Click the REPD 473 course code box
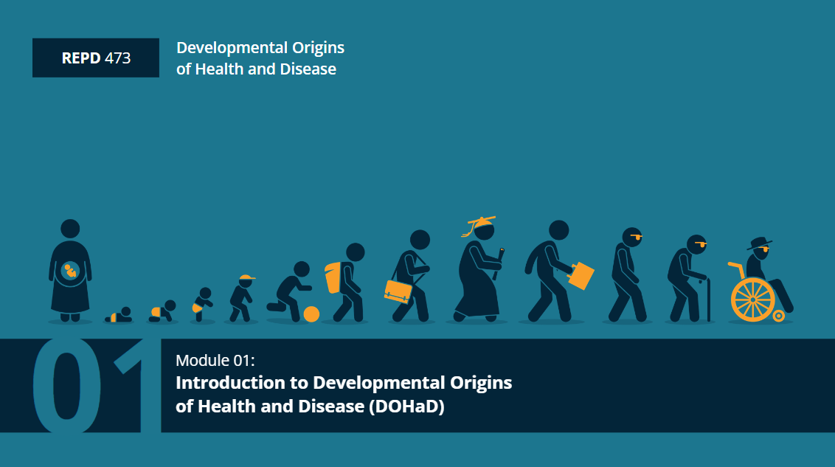pos(96,58)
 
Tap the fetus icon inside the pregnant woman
pos(70,271)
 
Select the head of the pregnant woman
pos(70,229)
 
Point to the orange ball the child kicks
pos(311,314)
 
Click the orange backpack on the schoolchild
pos(333,277)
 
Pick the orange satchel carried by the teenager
pos(398,291)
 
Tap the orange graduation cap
pos(479,224)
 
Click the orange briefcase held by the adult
pos(581,275)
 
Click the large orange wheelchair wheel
pos(753,300)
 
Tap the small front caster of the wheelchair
pos(778,316)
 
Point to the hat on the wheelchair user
pos(759,243)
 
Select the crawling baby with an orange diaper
pos(162,312)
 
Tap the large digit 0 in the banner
pos(66,386)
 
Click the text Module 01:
pos(215,361)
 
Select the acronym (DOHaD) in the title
pos(406,407)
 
